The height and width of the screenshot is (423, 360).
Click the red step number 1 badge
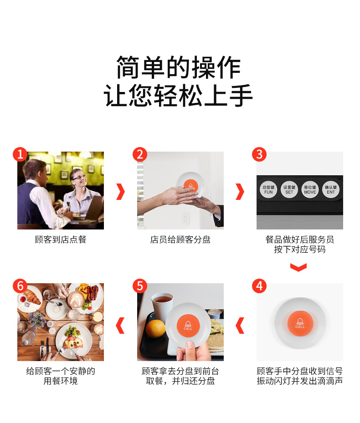(20, 154)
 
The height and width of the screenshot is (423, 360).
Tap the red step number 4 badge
(259, 286)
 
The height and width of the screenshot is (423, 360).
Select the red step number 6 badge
(20, 286)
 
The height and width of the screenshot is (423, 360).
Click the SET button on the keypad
(289, 189)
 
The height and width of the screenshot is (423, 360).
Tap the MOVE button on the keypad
(310, 189)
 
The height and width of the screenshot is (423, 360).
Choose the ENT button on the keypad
(330, 189)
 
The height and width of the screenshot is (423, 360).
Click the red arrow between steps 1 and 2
(121, 192)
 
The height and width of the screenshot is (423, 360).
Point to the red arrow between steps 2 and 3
(240, 192)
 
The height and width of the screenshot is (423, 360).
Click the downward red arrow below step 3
(298, 268)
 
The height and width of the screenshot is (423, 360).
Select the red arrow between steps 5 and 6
(120, 326)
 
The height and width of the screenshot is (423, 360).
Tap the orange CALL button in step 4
(300, 323)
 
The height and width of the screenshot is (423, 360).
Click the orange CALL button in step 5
(188, 326)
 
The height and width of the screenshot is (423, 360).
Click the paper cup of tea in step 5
(162, 307)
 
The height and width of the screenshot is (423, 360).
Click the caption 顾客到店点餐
(61, 240)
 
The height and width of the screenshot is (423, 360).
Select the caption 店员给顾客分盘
(180, 240)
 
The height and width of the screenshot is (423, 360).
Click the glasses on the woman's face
(79, 177)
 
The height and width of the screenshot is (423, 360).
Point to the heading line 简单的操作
(179, 67)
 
